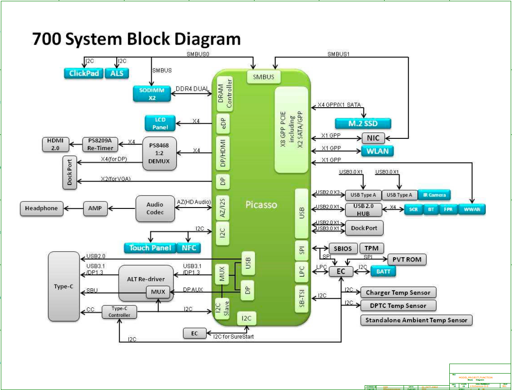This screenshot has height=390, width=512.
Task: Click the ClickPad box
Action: tap(84, 73)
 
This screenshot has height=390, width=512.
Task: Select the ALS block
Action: tap(117, 73)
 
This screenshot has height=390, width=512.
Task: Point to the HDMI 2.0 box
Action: tap(55, 144)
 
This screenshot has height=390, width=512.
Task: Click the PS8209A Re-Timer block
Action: tap(100, 144)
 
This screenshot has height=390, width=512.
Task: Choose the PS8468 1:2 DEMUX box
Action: tap(160, 153)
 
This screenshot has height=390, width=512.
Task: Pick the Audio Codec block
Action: tap(155, 208)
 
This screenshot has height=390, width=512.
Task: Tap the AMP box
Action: tap(95, 208)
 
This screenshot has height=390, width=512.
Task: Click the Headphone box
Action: tap(41, 208)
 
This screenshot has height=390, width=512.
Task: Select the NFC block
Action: tap(189, 248)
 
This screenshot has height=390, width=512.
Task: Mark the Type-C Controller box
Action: tap(119, 312)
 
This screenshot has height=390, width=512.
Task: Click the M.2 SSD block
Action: tap(363, 124)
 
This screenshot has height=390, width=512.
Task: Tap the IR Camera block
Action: tap(434, 195)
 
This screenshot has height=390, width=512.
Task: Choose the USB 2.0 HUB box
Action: tap(363, 210)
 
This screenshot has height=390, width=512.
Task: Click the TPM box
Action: tap(372, 249)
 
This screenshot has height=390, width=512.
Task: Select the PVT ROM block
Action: tap(407, 259)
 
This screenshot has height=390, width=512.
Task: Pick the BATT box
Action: tap(383, 272)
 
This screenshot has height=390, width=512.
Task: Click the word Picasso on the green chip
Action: tap(261, 205)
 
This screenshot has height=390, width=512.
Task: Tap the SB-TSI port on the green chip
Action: tap(302, 299)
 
